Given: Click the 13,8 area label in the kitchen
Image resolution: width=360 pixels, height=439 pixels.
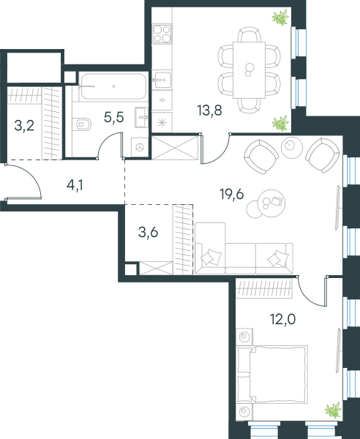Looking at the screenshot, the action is click(x=209, y=110).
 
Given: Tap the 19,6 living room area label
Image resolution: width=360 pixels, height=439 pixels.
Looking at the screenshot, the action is click(x=232, y=194).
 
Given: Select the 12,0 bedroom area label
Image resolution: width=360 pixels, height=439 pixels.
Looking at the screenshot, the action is click(x=282, y=319).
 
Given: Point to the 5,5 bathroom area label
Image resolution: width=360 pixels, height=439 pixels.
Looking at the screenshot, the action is click(x=113, y=117).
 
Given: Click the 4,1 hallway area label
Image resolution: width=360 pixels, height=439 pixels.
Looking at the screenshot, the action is click(x=75, y=185).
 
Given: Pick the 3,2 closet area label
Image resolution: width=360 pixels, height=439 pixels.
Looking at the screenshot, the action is click(x=24, y=126).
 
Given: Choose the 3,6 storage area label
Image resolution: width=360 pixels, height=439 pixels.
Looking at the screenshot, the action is click(x=148, y=233).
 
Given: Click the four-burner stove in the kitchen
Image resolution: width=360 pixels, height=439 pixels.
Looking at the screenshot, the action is click(x=162, y=34).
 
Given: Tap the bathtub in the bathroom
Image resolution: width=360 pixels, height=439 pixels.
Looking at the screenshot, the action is click(x=113, y=86).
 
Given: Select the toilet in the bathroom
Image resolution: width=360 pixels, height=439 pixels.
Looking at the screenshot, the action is click(x=81, y=124).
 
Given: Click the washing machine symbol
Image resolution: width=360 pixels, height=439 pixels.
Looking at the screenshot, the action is click(x=140, y=147).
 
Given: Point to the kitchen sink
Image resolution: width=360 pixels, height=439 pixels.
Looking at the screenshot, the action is click(x=162, y=80).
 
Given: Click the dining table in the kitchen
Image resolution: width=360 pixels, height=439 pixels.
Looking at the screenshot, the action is click(x=249, y=70).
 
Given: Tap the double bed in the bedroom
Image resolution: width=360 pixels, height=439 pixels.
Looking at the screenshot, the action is click(x=272, y=375).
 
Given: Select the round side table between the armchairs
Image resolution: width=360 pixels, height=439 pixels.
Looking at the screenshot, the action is click(x=292, y=148).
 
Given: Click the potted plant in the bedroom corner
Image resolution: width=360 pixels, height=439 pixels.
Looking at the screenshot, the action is click(x=334, y=410).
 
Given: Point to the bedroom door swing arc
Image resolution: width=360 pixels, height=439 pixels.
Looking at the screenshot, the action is click(x=307, y=297).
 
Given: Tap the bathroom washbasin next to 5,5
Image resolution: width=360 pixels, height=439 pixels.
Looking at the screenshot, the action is click(x=142, y=117).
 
